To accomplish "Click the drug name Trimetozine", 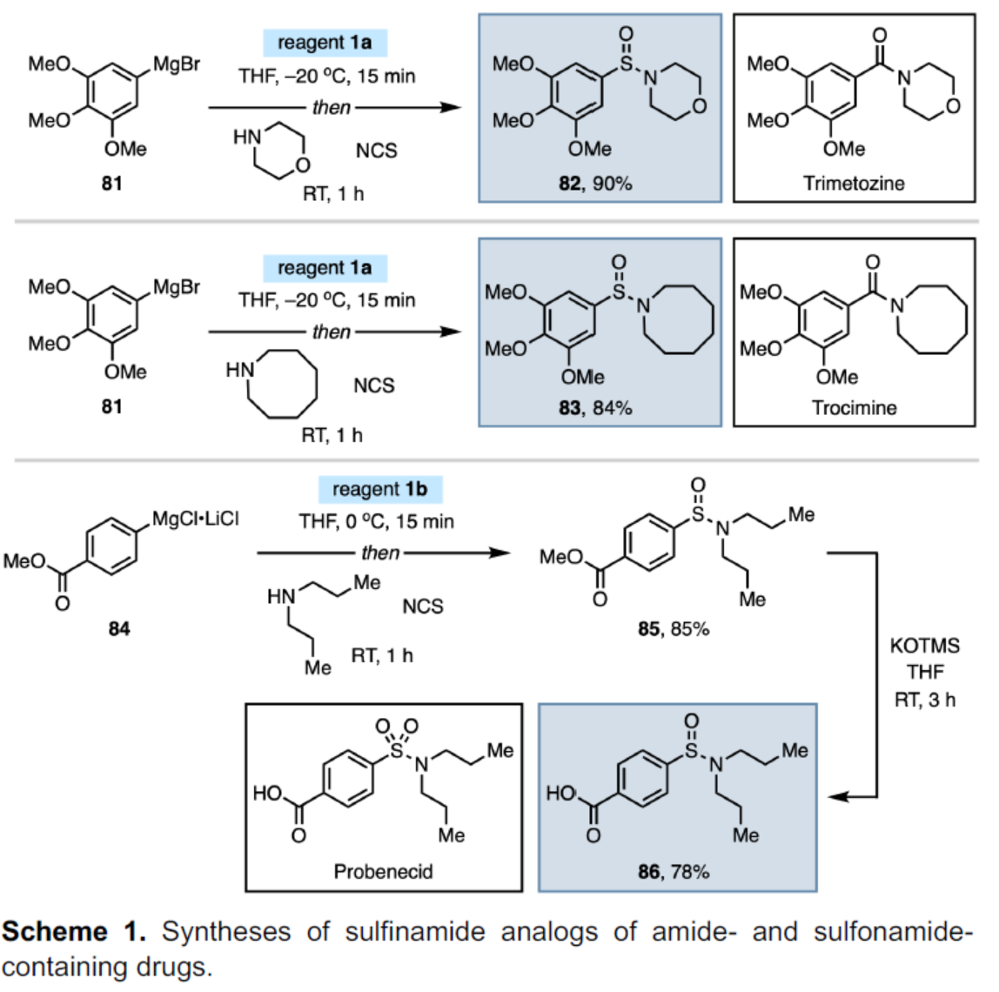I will point(854,184).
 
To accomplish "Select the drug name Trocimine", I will point(854,407).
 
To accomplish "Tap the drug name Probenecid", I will point(383,871).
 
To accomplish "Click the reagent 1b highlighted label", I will point(379,489).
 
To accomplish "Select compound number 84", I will point(119,628).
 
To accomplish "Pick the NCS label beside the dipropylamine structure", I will point(422,607).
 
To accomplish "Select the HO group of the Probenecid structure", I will point(267,794).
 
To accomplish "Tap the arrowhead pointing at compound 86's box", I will point(838,796).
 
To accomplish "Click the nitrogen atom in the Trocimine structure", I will point(897,305).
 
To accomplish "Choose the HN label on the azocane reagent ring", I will point(240,370).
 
